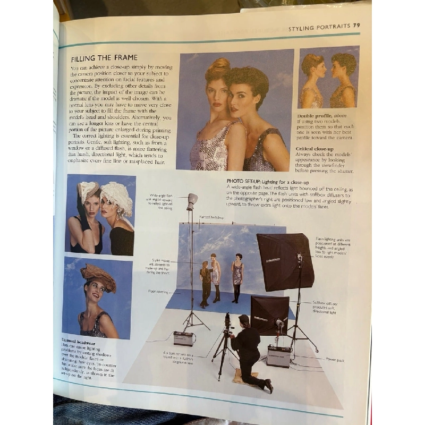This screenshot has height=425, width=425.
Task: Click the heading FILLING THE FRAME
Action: tap(104, 58)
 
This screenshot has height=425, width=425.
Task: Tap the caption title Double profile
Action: tap(314, 115)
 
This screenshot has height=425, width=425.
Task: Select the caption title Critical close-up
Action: tap(316, 149)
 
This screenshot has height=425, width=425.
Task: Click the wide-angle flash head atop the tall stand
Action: tap(192, 200)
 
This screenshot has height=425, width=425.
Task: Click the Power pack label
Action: tap(334, 360)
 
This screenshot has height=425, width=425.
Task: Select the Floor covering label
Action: tap(158, 292)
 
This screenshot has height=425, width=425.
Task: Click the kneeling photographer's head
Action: tap(244, 320)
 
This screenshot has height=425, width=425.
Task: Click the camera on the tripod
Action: tap(227, 322)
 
